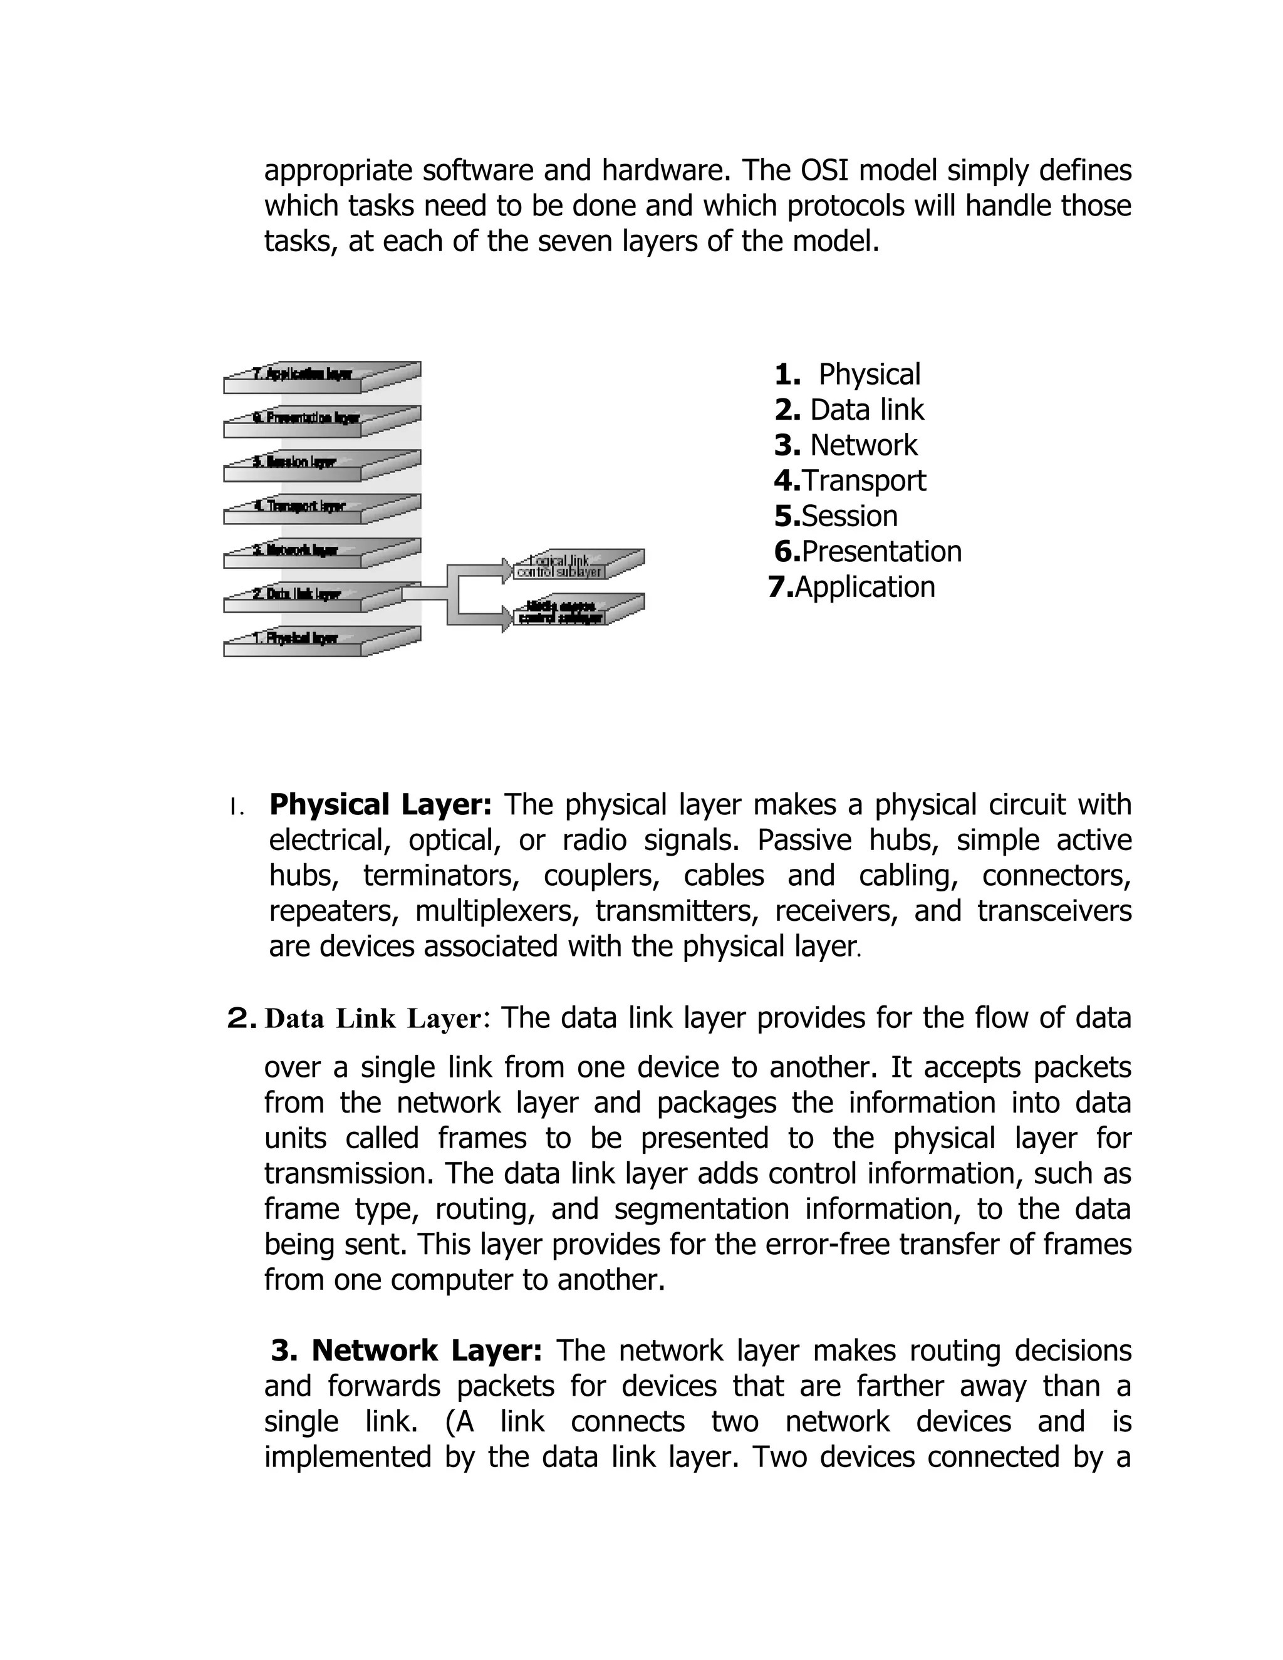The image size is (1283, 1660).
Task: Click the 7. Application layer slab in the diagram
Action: coord(304,375)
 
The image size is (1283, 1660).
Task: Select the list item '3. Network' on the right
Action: coord(846,445)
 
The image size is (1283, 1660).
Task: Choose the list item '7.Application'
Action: coord(852,588)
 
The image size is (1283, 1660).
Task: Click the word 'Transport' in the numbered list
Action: coord(864,481)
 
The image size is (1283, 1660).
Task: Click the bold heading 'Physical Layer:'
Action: coord(381,805)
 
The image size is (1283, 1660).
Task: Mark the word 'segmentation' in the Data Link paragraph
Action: coord(702,1209)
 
